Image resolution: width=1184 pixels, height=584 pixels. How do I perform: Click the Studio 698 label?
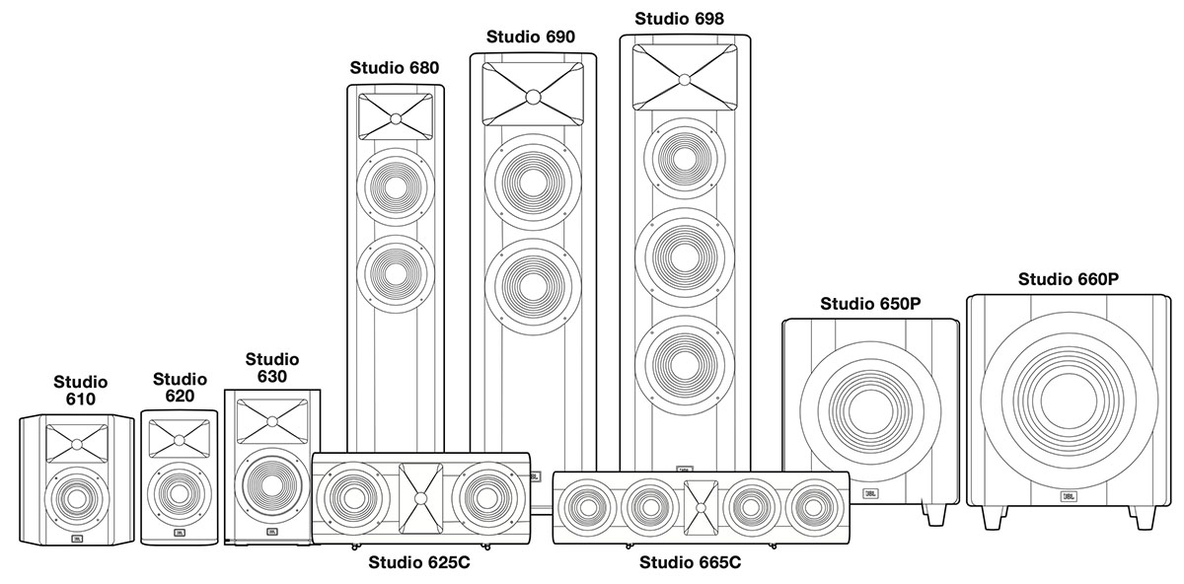(x=679, y=19)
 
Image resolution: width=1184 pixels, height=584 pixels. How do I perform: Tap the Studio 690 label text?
(x=531, y=37)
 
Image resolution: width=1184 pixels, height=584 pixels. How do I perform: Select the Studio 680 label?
(x=395, y=68)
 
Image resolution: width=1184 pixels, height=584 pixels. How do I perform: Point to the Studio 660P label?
(x=1069, y=279)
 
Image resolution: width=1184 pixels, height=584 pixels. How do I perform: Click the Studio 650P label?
(x=870, y=304)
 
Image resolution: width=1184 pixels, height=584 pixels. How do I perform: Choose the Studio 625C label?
(x=419, y=562)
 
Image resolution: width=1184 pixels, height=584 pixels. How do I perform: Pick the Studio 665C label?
(x=690, y=563)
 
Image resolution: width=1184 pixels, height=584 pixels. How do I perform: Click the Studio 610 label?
(x=80, y=390)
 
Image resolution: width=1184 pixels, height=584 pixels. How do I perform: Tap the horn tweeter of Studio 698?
(x=685, y=77)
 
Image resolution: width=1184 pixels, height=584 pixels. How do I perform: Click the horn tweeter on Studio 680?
(x=396, y=116)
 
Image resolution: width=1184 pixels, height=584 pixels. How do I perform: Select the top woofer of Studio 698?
(x=685, y=159)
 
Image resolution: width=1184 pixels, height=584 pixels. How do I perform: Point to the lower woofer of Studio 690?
(x=533, y=286)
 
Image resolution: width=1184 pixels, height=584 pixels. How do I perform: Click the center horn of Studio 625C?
(x=420, y=498)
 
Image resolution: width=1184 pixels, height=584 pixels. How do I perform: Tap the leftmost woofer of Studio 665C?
(x=586, y=508)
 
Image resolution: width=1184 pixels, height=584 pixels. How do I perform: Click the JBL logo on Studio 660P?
(x=1069, y=497)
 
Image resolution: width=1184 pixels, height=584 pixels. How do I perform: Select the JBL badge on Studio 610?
(x=77, y=539)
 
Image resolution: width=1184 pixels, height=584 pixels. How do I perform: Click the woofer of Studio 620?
(x=180, y=494)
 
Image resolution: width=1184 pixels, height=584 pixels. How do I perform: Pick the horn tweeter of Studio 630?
(x=271, y=421)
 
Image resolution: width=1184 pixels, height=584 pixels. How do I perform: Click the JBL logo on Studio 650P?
(x=870, y=493)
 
